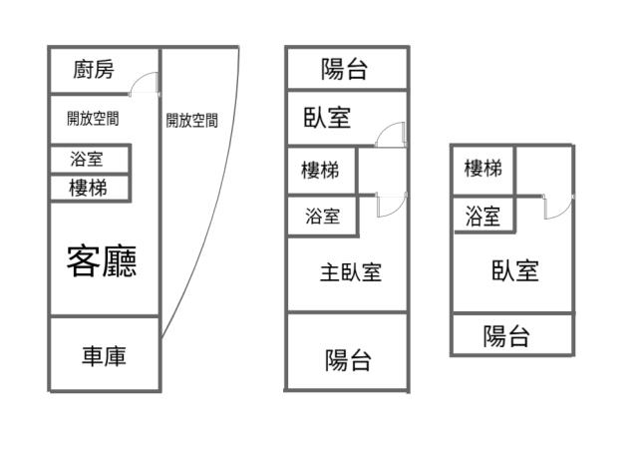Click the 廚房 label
pos(94,70)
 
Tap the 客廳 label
pos(102,260)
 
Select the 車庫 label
pos(104,355)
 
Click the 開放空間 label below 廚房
pos(93,119)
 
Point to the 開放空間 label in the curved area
pos(191,121)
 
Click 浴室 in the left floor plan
pos(86,159)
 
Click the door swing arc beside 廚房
pos(147,84)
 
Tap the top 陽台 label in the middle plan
pos(345,69)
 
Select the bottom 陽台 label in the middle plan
pos(348,360)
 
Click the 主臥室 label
pos(351,271)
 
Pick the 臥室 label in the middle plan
pos(327,117)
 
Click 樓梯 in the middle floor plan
pos(320,171)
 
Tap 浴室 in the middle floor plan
pos(322,216)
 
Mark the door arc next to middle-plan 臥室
pos(394,134)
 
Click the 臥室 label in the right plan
pos(515,269)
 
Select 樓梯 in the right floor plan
pos(483,169)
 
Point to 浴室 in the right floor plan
pos(483,216)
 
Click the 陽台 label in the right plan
pos(506,336)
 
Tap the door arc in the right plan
pos(559,207)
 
